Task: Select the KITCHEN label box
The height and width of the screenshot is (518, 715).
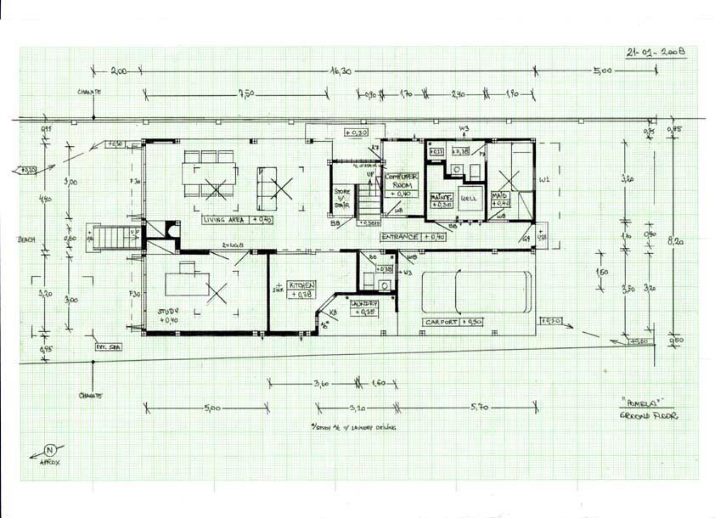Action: point(302,289)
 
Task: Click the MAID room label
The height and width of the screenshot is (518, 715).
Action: point(501,199)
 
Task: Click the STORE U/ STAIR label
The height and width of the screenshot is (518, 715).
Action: point(342,198)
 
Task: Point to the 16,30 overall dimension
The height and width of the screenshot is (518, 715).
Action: point(340,73)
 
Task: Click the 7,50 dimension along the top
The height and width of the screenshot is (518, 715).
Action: point(247,93)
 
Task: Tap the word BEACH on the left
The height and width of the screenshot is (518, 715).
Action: point(26,239)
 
